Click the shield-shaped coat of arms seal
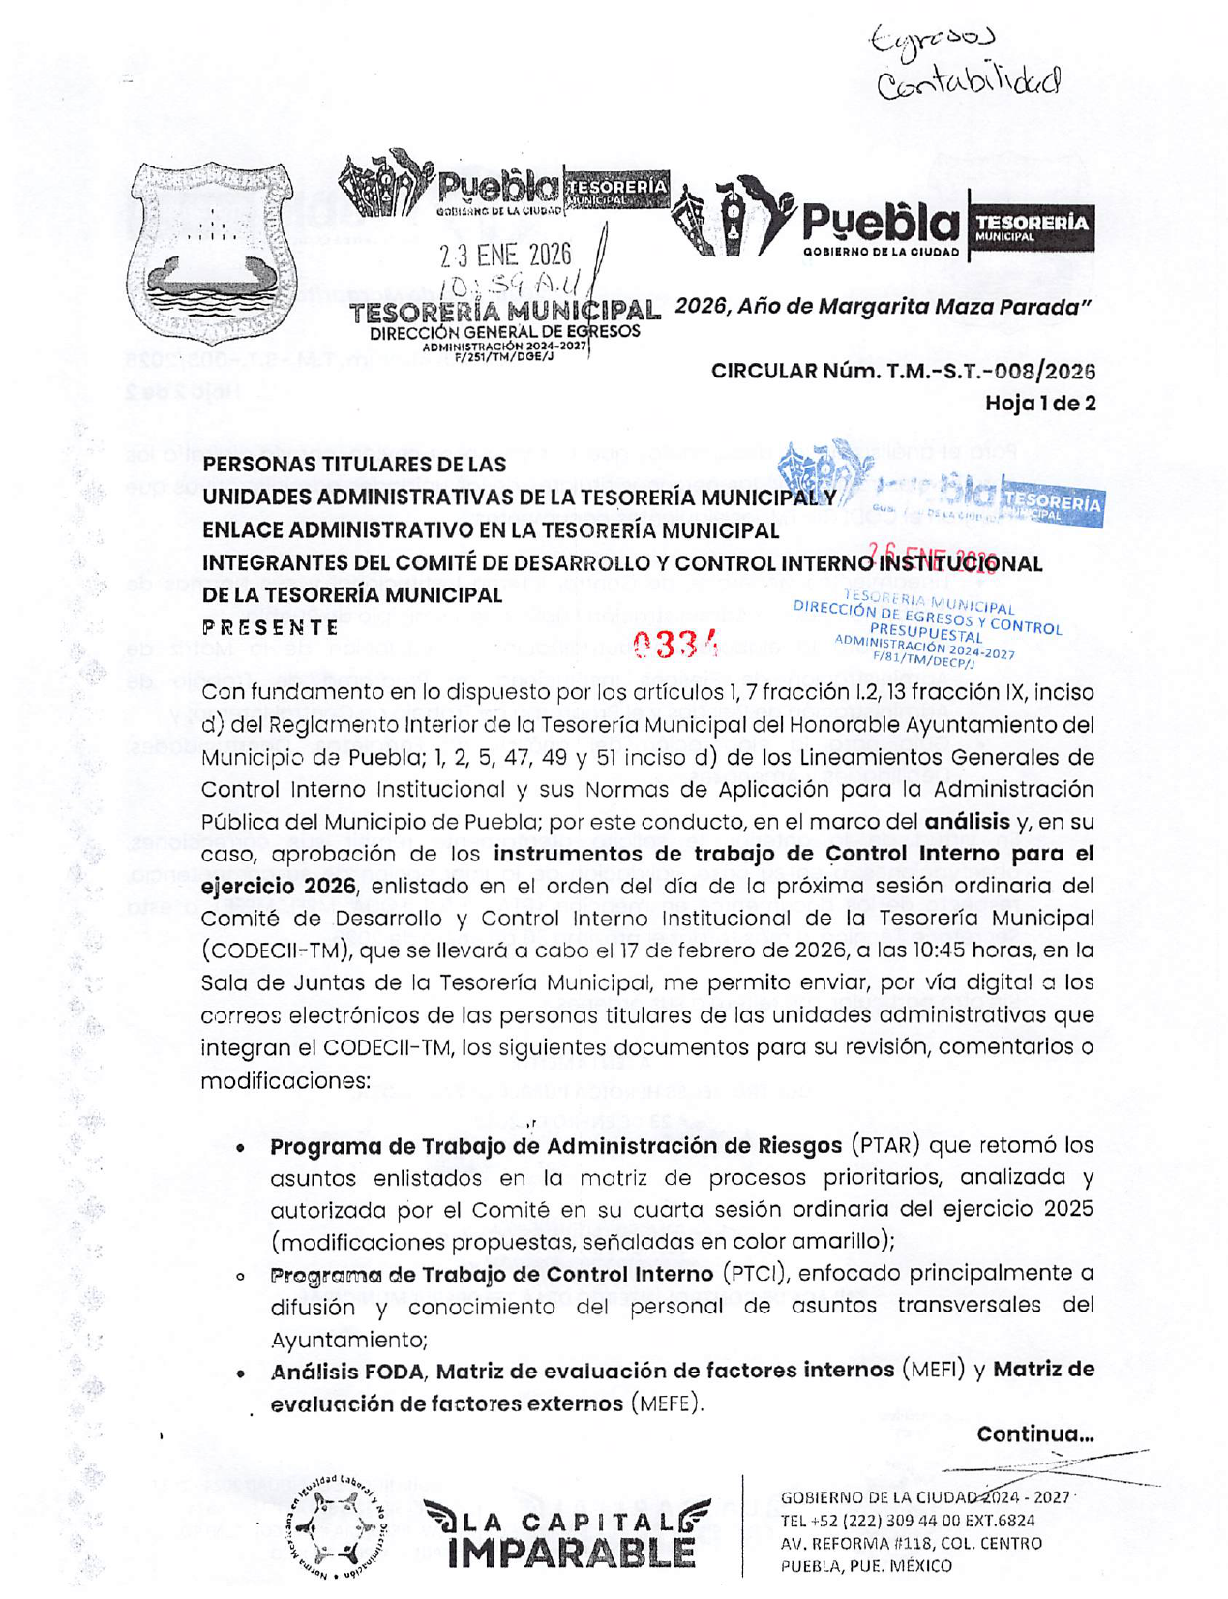213,255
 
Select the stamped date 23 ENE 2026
505,255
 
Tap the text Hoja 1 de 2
1039,403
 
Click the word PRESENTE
271,627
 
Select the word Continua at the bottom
1033,1433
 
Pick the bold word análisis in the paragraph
967,822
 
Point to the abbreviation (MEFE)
665,1403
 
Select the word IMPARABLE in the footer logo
571,1552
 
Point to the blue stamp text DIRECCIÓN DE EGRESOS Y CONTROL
927,618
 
